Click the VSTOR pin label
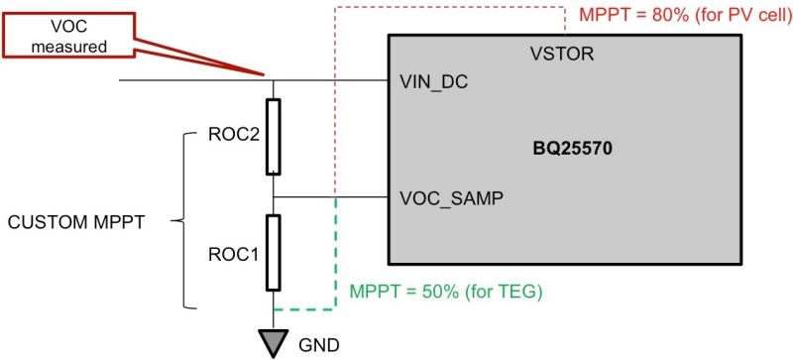pos(562,55)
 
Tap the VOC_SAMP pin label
pos(451,198)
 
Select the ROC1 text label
pos(235,253)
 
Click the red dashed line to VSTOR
pos(337,99)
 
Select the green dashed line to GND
pos(337,258)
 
